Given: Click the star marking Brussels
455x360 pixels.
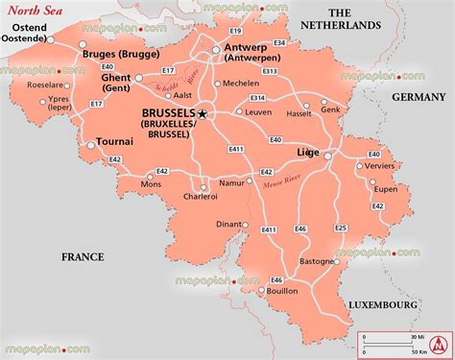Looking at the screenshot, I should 204,113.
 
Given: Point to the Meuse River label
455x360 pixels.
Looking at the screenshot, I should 281,177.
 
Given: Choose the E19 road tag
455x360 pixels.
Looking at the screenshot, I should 235,32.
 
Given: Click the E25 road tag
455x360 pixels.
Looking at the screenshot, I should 341,228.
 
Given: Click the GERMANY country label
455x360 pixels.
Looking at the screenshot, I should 418,98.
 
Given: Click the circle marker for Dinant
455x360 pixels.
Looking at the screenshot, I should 245,226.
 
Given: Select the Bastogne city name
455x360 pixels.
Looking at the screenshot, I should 318,260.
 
